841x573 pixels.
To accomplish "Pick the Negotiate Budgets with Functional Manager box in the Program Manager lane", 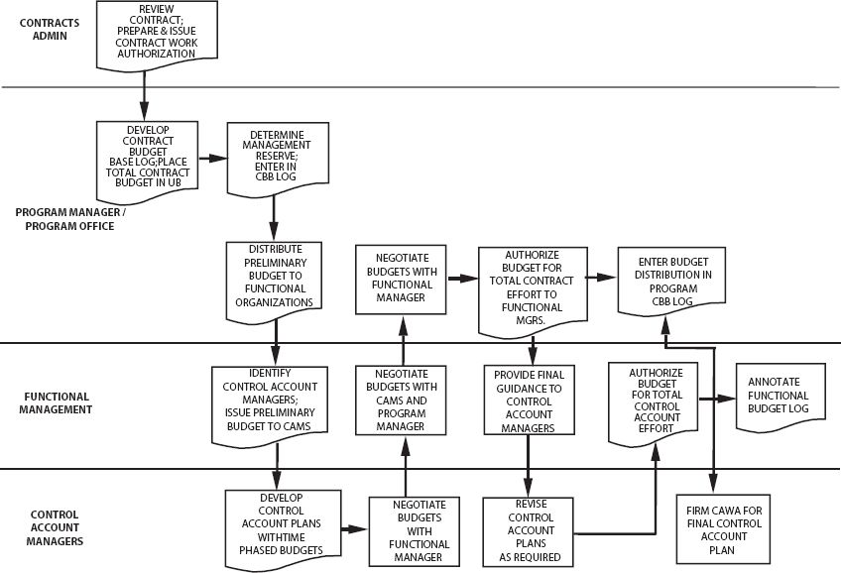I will (x=402, y=278).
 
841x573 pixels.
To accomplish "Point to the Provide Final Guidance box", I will (x=528, y=400).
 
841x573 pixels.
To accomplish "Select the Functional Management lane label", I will (x=58, y=401).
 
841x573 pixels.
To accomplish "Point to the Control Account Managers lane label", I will (x=57, y=527).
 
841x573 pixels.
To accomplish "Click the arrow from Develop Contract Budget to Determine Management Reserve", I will (x=211, y=158).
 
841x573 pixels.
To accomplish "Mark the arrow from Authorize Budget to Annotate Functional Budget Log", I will (x=717, y=399).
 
